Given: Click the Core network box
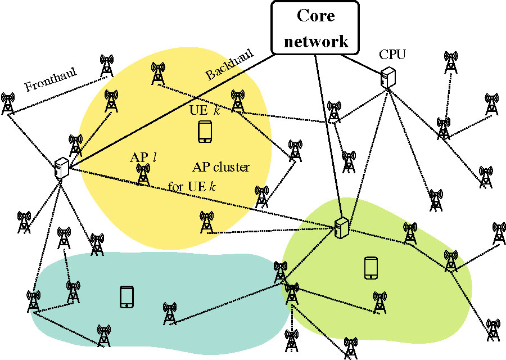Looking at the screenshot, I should point(315,27).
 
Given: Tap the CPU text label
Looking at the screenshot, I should point(392,55).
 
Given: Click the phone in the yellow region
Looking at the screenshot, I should point(205,131).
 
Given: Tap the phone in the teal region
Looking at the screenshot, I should point(126,296).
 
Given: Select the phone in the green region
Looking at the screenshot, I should point(370,267).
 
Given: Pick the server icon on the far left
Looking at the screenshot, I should point(61,168).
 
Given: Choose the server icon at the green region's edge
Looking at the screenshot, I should point(340,228).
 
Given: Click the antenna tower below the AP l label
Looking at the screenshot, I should point(143,175).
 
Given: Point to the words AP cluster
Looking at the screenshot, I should point(221,167).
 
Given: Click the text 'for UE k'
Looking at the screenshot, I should point(192,186).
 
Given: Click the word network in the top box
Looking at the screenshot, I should point(315,40).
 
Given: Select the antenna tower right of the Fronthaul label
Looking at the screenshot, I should point(106,66).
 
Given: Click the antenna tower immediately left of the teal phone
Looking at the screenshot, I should point(73,292).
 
